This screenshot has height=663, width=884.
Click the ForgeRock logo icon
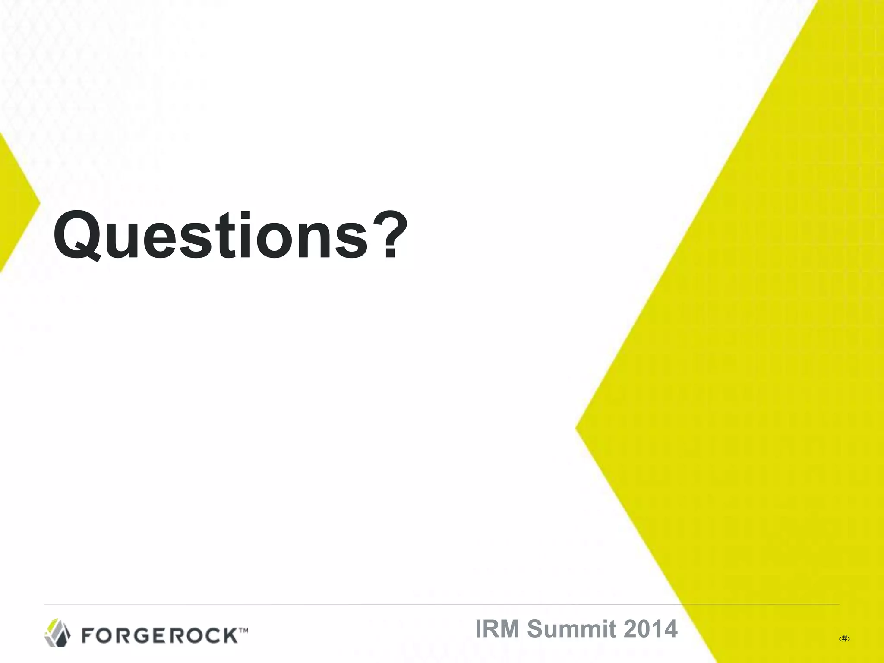(57, 632)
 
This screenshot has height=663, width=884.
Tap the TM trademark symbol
(243, 631)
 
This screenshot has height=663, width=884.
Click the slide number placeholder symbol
(844, 639)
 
